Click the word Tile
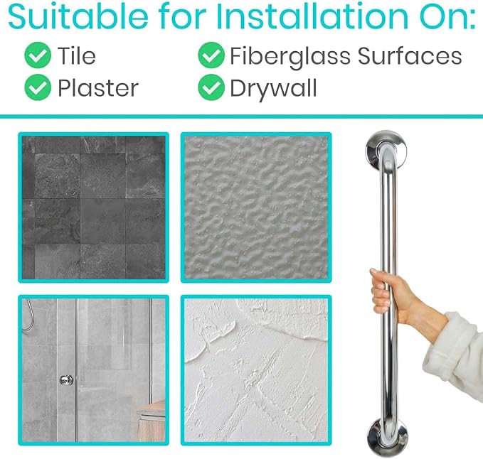pos(77,55)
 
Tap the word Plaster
pos(98,88)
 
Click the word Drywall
pos(274,89)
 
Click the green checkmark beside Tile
pos(38,55)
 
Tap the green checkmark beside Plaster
pos(38,87)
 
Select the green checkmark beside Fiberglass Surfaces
pos(211,55)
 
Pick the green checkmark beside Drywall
pos(211,87)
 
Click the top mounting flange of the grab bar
pos(386,149)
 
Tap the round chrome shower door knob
pos(66,379)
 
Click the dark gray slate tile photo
pos(94,207)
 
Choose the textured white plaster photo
pos(256,370)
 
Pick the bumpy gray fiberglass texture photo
pos(256,207)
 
